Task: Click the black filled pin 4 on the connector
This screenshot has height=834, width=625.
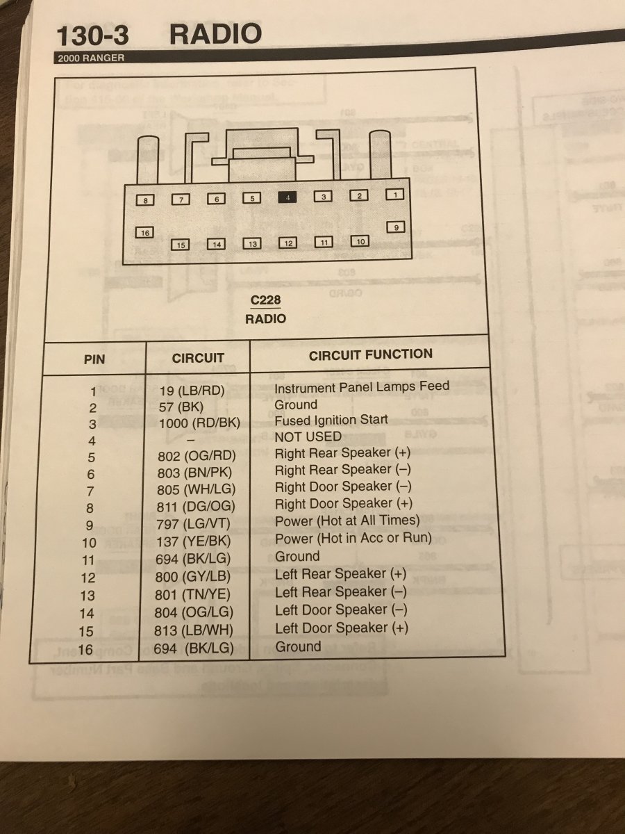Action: tap(287, 197)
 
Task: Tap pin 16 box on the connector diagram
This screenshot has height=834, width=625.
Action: tap(144, 232)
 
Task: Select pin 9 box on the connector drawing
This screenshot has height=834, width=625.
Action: tap(395, 227)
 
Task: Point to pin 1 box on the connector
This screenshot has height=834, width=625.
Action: tap(394, 195)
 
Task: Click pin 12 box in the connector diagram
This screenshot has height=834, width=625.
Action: tap(287, 243)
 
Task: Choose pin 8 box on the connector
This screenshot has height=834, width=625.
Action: tap(145, 200)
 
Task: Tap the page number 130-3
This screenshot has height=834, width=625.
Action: tap(92, 35)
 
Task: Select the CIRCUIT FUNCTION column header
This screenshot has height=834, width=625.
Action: tap(370, 355)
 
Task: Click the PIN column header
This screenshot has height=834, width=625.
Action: tap(94, 360)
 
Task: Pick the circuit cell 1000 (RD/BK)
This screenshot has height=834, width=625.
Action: tap(199, 422)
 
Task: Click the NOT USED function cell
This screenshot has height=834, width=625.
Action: tap(308, 436)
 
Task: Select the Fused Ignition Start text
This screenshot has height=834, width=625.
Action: tap(331, 420)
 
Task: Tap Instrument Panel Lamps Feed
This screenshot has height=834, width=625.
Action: tap(362, 386)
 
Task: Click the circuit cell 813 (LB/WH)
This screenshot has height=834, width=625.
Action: tap(195, 630)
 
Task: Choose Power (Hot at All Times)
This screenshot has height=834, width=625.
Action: tap(347, 520)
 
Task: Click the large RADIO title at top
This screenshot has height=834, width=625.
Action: tap(215, 34)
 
